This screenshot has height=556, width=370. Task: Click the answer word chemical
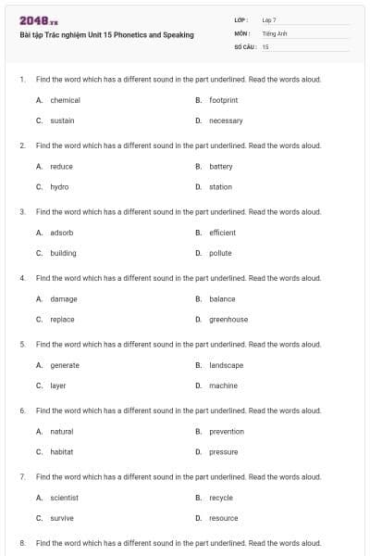coord(65,100)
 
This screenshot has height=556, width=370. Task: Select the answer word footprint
coord(224,100)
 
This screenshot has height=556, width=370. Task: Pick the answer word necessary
coord(226,120)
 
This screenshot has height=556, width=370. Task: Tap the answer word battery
coord(221,167)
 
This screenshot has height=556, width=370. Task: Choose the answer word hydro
coord(59,187)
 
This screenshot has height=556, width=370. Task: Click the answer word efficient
coord(222,233)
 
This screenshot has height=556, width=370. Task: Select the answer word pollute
coord(220,253)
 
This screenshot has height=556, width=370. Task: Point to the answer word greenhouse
coord(228,320)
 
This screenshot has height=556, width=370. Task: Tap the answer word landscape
coord(227,365)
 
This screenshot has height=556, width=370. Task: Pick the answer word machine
coord(223,385)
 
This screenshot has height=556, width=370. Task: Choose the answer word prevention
coord(227,432)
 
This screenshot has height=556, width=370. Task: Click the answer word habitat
coord(61,452)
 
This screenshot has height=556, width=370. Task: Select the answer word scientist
coord(64,498)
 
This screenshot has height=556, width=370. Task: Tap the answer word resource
coord(223,518)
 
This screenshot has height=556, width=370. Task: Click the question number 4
coord(22,278)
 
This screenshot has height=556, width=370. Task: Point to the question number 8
coord(22,543)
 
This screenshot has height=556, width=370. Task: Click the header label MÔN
coord(242,32)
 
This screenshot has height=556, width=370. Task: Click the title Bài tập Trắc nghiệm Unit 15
coord(106,35)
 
